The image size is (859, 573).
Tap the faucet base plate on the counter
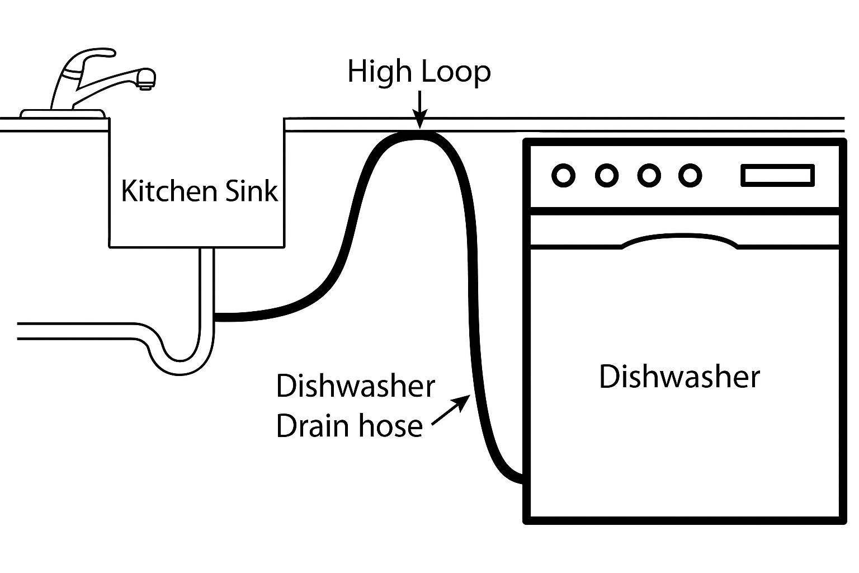(x=63, y=114)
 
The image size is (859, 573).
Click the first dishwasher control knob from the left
(x=563, y=176)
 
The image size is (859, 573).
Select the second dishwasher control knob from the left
(x=606, y=176)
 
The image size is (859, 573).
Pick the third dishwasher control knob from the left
(x=649, y=176)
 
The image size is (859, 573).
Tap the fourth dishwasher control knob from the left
(x=690, y=176)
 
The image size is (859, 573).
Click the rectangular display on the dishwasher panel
(x=777, y=176)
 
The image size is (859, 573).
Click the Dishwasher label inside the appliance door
(x=679, y=377)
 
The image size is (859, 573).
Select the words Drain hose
(x=350, y=426)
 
